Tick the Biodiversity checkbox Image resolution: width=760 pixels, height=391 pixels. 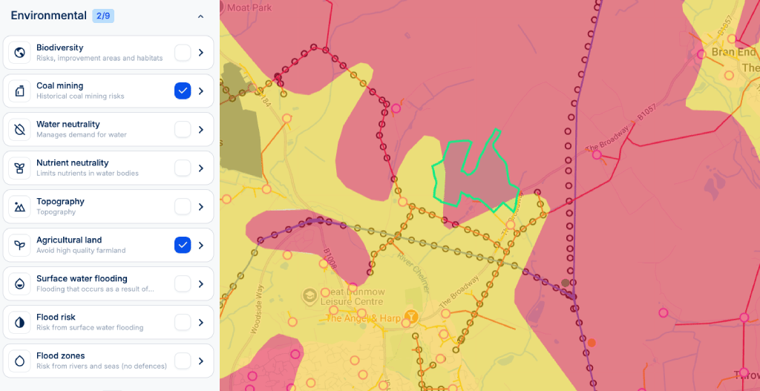[x=183, y=52]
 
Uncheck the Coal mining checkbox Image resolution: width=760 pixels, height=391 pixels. [x=183, y=91]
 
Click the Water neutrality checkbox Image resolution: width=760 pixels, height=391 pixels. [x=183, y=129]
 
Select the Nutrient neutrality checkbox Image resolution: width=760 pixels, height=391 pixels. [x=183, y=168]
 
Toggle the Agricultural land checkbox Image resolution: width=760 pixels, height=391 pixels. [x=183, y=245]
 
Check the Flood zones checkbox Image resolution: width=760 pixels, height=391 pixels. [x=183, y=361]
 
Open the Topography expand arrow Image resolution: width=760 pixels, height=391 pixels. [x=201, y=206]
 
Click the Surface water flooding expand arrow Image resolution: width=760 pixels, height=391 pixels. [x=201, y=283]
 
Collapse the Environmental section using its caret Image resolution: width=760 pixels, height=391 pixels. [x=200, y=16]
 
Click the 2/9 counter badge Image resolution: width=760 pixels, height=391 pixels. [x=103, y=16]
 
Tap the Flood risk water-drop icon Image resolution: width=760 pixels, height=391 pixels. [x=19, y=322]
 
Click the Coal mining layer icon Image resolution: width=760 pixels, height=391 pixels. [x=19, y=91]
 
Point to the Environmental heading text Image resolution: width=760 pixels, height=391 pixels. [x=48, y=16]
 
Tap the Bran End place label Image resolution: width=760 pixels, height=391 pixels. [x=733, y=53]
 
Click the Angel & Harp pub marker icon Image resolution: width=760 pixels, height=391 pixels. [x=410, y=317]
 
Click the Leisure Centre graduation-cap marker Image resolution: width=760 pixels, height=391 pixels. [x=309, y=295]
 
